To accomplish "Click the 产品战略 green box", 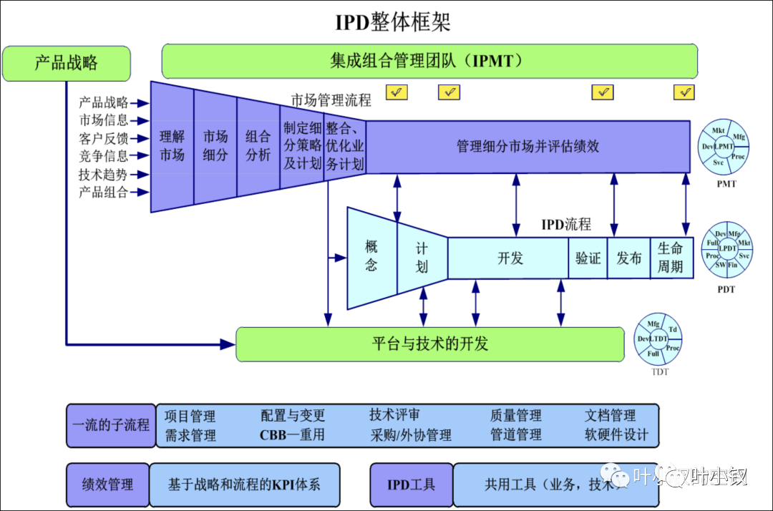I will pyautogui.click(x=67, y=63).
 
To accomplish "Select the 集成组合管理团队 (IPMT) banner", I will pyautogui.click(x=429, y=61).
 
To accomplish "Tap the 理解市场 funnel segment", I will pyautogui.click(x=172, y=145).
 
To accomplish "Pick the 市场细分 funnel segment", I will pyautogui.click(x=215, y=145).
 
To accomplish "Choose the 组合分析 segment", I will pyautogui.click(x=258, y=145).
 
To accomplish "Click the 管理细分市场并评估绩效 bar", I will pyautogui.click(x=528, y=147).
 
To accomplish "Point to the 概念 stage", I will pyautogui.click(x=371, y=256).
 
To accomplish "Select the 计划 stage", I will pyautogui.click(x=422, y=258).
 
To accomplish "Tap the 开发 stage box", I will pyautogui.click(x=510, y=258).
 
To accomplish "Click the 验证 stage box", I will pyautogui.click(x=588, y=258).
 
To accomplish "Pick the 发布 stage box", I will pyautogui.click(x=629, y=258).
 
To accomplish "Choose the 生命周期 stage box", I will pyautogui.click(x=671, y=258).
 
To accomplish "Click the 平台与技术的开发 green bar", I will pyautogui.click(x=429, y=344).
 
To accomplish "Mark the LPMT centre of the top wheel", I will pyautogui.click(x=724, y=147).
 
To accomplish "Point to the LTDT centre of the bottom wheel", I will pyautogui.click(x=658, y=339).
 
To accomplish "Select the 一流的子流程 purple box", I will pyautogui.click(x=111, y=425).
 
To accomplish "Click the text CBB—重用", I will pyautogui.click(x=292, y=434).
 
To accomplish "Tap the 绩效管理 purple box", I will pyautogui.click(x=107, y=485).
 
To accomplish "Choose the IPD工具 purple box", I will pyautogui.click(x=411, y=485).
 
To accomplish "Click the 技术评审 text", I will pyautogui.click(x=394, y=415).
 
